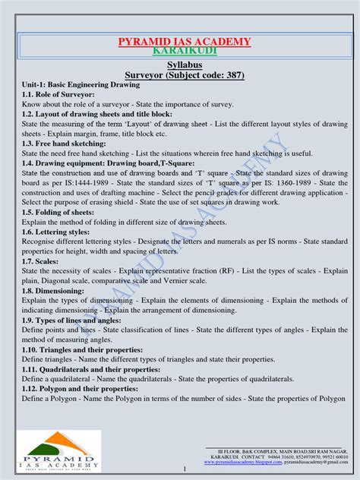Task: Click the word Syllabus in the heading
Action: tap(179, 67)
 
